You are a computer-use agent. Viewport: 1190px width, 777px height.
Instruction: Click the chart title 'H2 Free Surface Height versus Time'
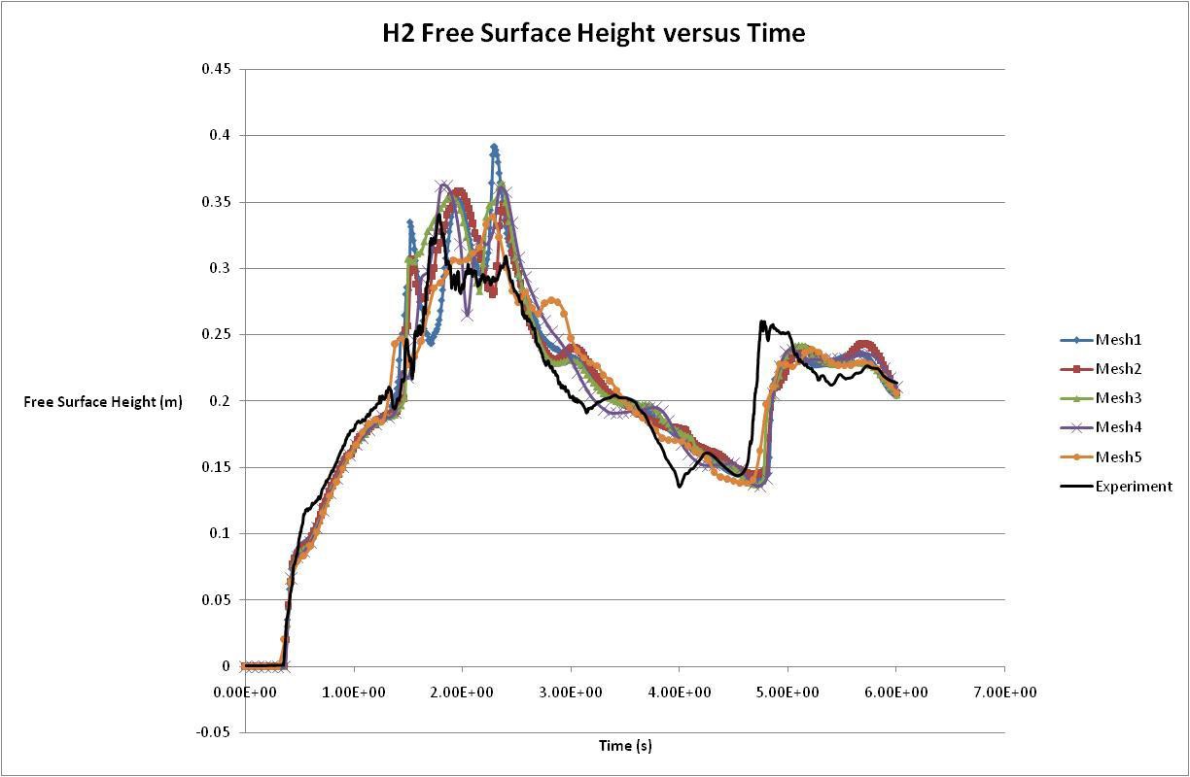pyautogui.click(x=593, y=33)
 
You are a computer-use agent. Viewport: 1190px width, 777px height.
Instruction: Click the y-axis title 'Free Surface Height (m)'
pyautogui.click(x=103, y=402)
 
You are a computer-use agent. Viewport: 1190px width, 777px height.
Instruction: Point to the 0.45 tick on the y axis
pyautogui.click(x=216, y=69)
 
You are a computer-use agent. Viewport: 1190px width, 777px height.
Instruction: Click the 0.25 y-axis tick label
pyautogui.click(x=216, y=335)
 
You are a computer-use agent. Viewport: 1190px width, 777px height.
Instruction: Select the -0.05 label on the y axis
pyautogui.click(x=214, y=733)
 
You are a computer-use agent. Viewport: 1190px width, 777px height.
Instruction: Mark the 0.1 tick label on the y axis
pyautogui.click(x=220, y=534)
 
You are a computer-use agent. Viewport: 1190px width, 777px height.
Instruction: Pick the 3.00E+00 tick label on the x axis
pyautogui.click(x=571, y=691)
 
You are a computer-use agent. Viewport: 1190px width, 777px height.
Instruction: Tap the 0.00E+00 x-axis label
pyautogui.click(x=246, y=691)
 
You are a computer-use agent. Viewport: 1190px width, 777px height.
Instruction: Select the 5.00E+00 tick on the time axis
pyautogui.click(x=787, y=691)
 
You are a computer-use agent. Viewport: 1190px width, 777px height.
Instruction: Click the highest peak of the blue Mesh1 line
pyautogui.click(x=494, y=147)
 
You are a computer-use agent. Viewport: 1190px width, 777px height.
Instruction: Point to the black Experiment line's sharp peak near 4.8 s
pyautogui.click(x=762, y=321)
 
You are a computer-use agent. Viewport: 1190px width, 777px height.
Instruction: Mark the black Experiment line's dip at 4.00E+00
pyautogui.click(x=679, y=485)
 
